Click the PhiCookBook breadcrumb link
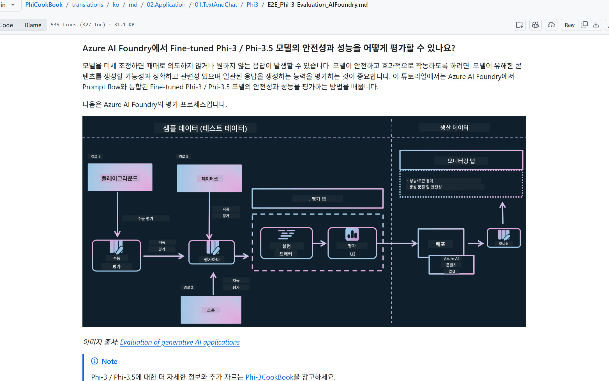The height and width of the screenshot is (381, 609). coord(44,5)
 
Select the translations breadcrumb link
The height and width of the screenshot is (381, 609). coord(87,5)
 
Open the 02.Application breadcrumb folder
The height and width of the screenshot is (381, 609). coord(166,5)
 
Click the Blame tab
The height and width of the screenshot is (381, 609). coord(33,25)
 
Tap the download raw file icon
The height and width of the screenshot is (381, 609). coord(596,25)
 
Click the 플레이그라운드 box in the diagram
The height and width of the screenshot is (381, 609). coord(120,178)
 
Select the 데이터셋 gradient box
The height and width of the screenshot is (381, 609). coord(209,178)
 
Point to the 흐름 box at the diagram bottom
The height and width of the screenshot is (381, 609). coord(211,310)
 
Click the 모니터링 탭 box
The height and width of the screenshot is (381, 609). coord(461,161)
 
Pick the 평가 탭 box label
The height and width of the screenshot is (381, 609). coord(317,199)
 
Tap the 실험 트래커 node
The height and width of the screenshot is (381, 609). coord(286,243)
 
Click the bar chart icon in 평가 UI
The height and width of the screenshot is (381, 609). coord(352,234)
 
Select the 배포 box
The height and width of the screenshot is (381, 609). coord(440,243)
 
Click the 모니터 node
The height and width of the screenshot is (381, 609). coord(504,238)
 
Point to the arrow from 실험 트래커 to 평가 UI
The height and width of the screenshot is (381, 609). coord(320,243)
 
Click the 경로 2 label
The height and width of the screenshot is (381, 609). coord(188,287)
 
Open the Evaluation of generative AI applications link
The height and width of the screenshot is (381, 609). coord(180,342)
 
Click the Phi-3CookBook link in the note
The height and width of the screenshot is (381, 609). coord(269,377)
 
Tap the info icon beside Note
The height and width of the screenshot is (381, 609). coord(95,361)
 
